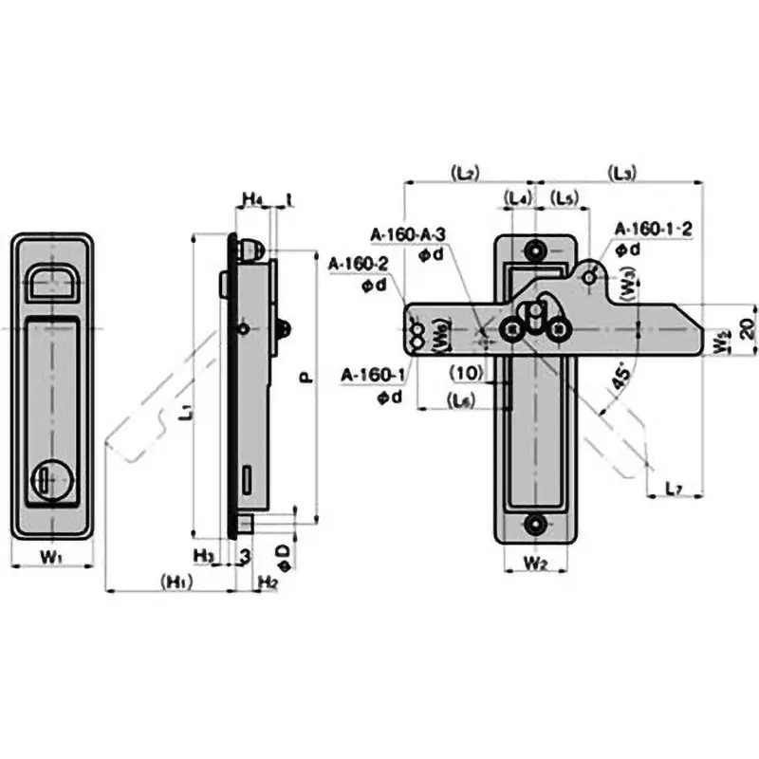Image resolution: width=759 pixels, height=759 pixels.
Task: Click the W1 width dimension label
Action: click(51, 558)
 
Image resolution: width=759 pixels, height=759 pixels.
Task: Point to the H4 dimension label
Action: click(251, 199)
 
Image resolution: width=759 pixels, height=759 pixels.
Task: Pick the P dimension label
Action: click(305, 377)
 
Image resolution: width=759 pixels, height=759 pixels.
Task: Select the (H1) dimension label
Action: click(179, 582)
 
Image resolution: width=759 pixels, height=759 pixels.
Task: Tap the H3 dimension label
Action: click(203, 554)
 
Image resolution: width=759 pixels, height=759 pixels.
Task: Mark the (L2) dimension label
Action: click(465, 173)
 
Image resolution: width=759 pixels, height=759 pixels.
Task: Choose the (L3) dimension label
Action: click(623, 173)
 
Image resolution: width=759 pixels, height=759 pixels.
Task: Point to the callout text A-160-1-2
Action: click(654, 229)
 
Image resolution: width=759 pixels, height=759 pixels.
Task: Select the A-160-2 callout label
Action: click(358, 263)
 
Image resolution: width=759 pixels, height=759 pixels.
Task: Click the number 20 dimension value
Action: click(748, 328)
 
